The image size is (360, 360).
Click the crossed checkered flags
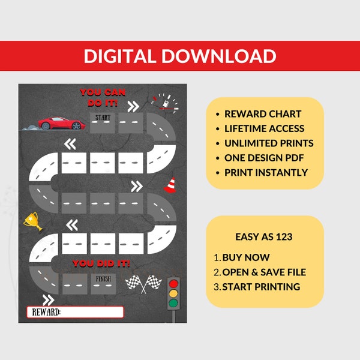click(140, 283)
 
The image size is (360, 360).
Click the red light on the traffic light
click(174, 283)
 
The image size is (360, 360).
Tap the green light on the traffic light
click(174, 304)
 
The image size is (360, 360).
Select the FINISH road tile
click(103, 281)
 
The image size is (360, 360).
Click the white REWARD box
click(75, 312)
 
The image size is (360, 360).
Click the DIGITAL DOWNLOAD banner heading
click(180, 56)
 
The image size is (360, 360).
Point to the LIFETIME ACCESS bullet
click(264, 128)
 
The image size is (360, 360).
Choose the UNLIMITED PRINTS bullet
click(269, 143)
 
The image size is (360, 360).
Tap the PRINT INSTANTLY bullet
click(266, 172)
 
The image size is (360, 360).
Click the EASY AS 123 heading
click(265, 237)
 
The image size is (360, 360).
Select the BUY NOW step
click(246, 257)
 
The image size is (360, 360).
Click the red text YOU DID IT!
click(101, 263)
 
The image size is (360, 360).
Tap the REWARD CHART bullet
click(263, 114)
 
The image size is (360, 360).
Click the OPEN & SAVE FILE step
click(264, 272)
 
